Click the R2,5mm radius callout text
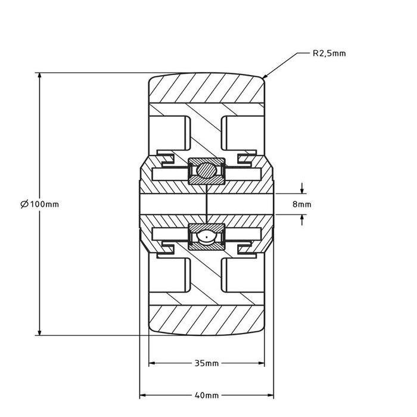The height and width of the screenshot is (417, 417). click(329, 53)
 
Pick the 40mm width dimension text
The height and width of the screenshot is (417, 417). click(207, 395)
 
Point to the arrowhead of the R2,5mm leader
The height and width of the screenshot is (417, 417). click(264, 77)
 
